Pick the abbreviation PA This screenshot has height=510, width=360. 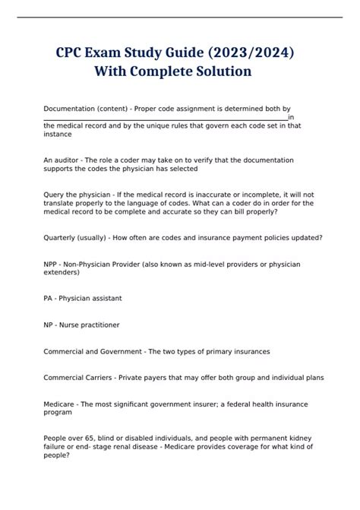[x=49, y=298]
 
